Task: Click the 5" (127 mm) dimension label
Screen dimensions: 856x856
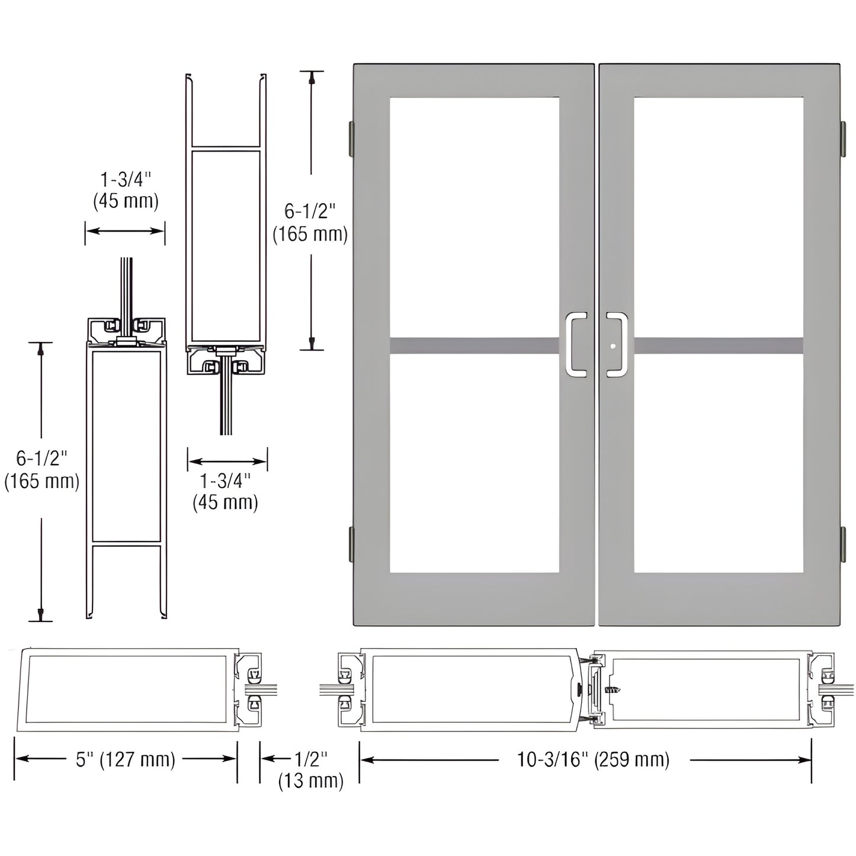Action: coord(126,759)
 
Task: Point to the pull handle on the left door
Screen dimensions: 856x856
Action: coord(576,344)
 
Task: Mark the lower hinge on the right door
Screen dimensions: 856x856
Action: coord(842,544)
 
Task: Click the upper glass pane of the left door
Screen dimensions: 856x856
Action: coord(474,216)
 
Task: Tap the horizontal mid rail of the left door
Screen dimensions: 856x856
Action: coord(474,345)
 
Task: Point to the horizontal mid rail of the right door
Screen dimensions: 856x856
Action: coord(718,345)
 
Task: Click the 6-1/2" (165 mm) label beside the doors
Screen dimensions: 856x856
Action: coord(310,223)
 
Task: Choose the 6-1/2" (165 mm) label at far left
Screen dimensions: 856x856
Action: coord(41,470)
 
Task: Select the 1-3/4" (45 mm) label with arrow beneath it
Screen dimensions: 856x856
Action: coord(126,190)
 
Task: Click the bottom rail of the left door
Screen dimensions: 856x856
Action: coord(474,598)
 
